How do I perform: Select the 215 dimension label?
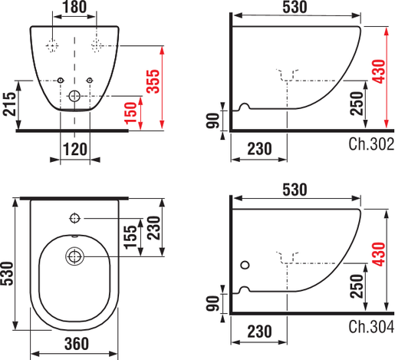[x=8, y=100]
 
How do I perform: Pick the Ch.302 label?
[x=370, y=143]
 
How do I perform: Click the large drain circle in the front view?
[x=74, y=97]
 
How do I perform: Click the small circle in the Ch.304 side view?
[x=245, y=266]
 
